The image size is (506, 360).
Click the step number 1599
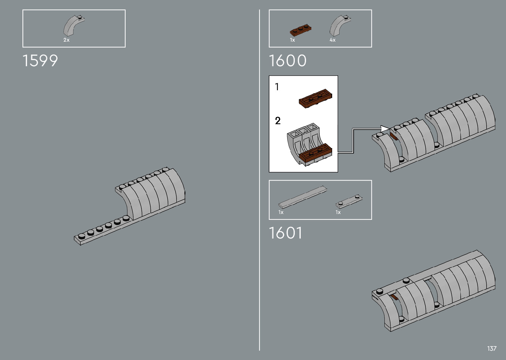tap(40, 61)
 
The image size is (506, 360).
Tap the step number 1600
tap(288, 61)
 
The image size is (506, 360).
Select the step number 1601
tap(285, 233)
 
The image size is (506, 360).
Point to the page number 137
tap(492, 348)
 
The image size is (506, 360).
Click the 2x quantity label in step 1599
tap(66, 40)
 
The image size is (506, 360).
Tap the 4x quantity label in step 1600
tap(332, 40)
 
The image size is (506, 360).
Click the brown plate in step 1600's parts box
tap(300, 30)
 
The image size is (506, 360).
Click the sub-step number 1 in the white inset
tap(277, 87)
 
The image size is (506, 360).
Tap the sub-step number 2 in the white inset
tap(278, 121)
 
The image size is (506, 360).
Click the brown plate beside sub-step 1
tap(315, 98)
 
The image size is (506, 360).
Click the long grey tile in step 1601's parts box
tap(302, 197)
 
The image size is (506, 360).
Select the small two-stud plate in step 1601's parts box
tap(349, 200)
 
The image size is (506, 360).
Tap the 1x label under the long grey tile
tap(281, 212)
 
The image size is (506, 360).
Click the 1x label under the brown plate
tap(292, 40)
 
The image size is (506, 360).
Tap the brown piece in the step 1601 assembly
tap(393, 297)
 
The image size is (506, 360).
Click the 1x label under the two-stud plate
tap(338, 212)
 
